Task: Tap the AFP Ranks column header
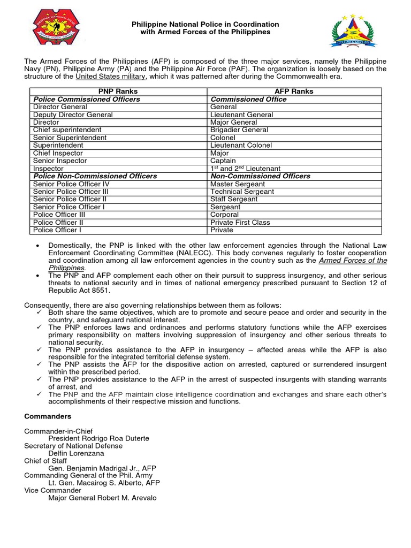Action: [x=294, y=92]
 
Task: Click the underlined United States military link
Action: [x=110, y=77]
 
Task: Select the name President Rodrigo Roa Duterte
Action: [x=98, y=438]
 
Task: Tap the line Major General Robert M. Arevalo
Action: [x=103, y=498]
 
